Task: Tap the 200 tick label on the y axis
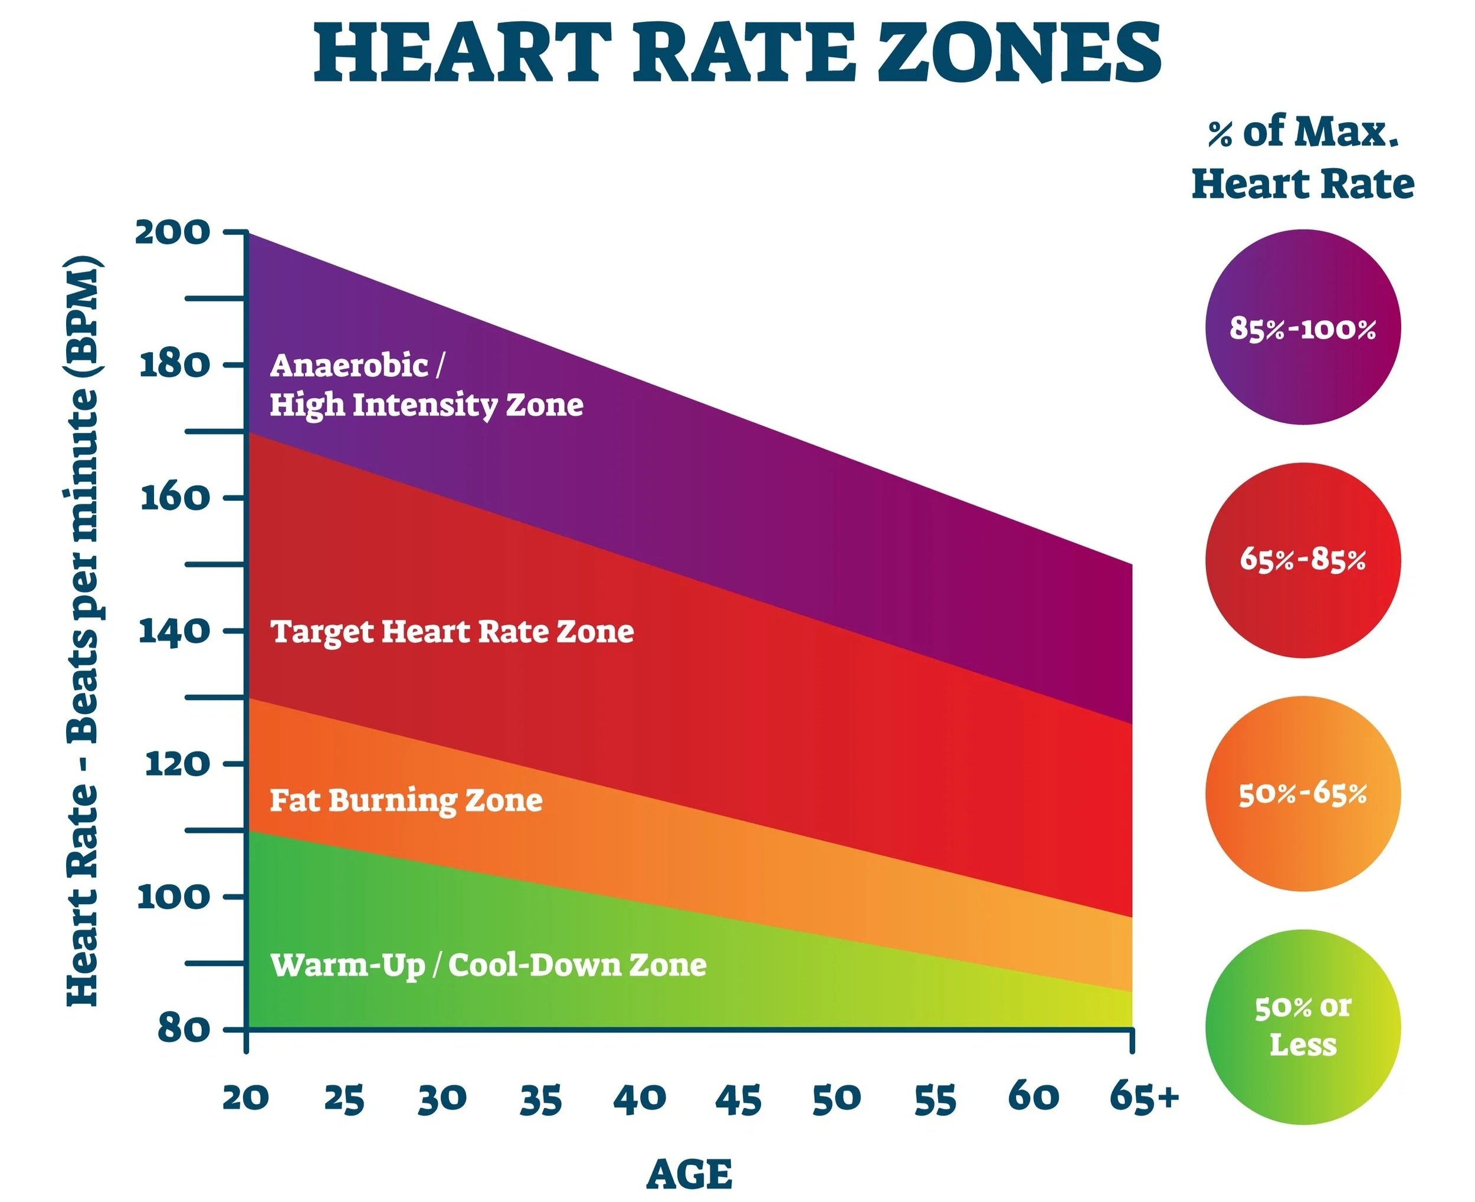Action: pyautogui.click(x=172, y=232)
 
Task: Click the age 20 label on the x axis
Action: pyautogui.click(x=246, y=1098)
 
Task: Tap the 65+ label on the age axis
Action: pyautogui.click(x=1143, y=1097)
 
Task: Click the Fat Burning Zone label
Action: pyautogui.click(x=406, y=800)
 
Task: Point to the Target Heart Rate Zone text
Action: pyautogui.click(x=451, y=632)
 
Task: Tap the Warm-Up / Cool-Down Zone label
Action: pyautogui.click(x=488, y=964)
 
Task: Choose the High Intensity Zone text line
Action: pyautogui.click(x=426, y=405)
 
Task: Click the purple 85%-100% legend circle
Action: pyautogui.click(x=1303, y=327)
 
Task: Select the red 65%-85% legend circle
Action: pyautogui.click(x=1303, y=560)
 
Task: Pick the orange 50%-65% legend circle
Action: pyautogui.click(x=1303, y=793)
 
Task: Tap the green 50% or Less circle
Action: pyautogui.click(x=1303, y=1026)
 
